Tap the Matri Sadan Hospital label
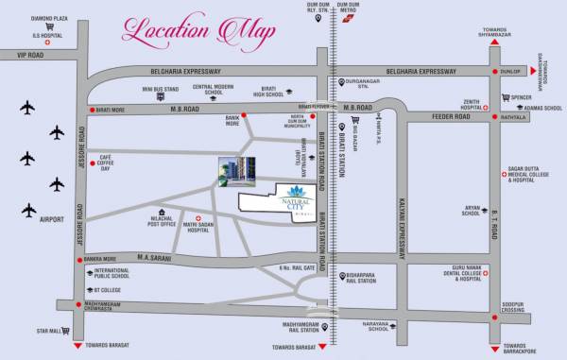(198, 225)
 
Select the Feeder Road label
(450, 118)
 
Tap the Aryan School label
(472, 211)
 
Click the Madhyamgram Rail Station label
(294, 331)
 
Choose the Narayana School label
(379, 326)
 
